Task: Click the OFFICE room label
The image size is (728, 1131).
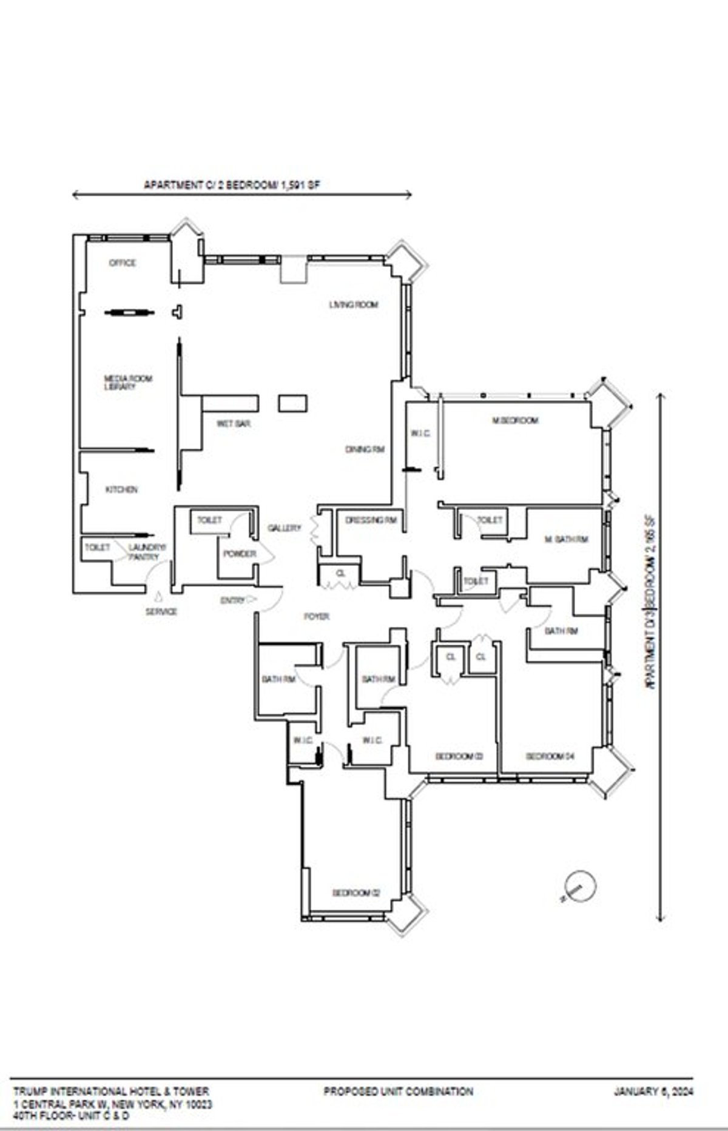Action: (122, 263)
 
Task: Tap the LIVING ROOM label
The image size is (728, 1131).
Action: (354, 304)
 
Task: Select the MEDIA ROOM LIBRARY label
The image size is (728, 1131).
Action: (128, 383)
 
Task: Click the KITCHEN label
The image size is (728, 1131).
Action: (122, 489)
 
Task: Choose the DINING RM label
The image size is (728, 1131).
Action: (365, 449)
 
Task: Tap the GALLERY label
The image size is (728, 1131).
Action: (284, 528)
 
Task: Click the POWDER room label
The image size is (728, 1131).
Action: (240, 554)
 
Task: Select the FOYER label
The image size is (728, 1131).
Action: (317, 617)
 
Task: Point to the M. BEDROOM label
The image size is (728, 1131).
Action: (514, 420)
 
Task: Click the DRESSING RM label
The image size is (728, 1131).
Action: (371, 520)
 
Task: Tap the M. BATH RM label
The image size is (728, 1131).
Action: (566, 539)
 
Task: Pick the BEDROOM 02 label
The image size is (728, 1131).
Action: (356, 893)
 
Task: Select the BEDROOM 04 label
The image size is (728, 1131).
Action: (550, 756)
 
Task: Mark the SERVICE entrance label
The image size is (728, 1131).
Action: (161, 611)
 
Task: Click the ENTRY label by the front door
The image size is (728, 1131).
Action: (233, 600)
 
